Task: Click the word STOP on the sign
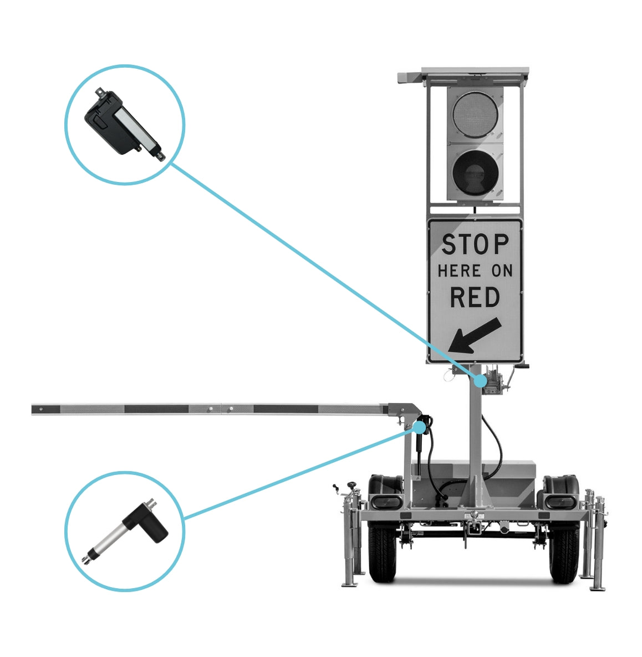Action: pos(475,244)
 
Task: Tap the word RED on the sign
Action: pos(475,297)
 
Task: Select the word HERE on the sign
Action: pos(459,271)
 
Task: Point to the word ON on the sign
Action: pos(502,271)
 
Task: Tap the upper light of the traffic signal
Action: pos(475,114)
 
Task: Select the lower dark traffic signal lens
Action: pos(475,172)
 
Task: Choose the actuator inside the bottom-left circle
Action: pos(125,531)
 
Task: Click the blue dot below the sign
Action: pos(481,381)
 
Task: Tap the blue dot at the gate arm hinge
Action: pos(419,427)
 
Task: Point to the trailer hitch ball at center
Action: pos(474,514)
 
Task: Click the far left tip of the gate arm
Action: pos(32,410)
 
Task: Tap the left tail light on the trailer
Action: pos(385,502)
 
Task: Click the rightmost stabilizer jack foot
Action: pos(599,588)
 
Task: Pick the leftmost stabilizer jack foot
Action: pos(350,584)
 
